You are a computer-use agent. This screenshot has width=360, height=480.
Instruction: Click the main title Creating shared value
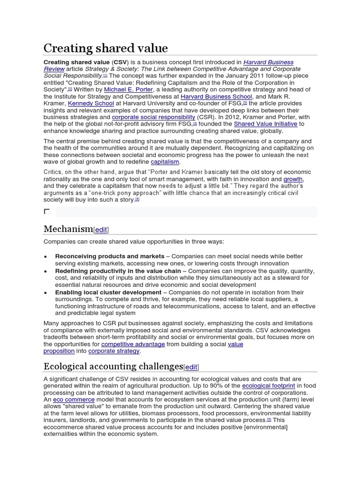click(x=105, y=48)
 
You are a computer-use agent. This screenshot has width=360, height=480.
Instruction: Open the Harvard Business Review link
click(x=269, y=62)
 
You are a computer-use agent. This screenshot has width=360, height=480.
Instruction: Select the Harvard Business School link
click(x=217, y=96)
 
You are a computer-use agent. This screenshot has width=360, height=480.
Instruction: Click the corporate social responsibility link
click(x=153, y=117)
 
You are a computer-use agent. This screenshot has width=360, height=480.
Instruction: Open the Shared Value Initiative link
click(x=266, y=124)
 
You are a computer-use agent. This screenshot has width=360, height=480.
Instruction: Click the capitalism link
click(x=165, y=162)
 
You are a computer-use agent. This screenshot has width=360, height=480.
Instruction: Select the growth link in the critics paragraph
click(x=293, y=179)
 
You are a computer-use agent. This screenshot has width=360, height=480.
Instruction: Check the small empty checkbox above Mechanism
click(x=47, y=211)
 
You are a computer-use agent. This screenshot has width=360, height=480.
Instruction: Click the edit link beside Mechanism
click(x=101, y=230)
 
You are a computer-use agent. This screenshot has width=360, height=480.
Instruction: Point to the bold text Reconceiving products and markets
click(x=110, y=256)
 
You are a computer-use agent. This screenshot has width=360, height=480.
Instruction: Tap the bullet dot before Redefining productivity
click(x=45, y=271)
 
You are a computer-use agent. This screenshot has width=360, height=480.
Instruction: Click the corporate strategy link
click(x=114, y=351)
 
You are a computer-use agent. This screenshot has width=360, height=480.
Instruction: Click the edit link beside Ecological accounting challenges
click(x=191, y=367)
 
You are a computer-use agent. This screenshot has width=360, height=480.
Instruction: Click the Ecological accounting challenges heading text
click(x=113, y=367)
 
